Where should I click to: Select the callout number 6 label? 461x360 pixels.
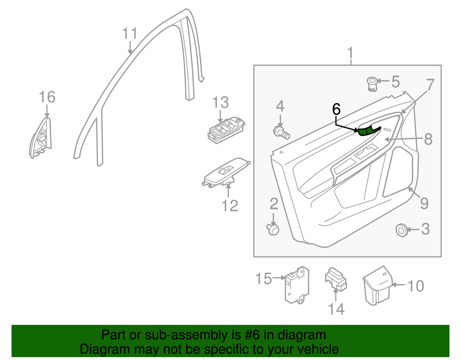tap(336, 110)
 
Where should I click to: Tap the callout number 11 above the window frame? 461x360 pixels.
tap(130, 34)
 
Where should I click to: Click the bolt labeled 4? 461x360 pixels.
tap(281, 131)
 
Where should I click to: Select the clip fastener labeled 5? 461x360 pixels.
tap(372, 84)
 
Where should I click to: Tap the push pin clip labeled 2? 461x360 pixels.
tap(273, 230)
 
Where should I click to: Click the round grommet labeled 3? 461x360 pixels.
tap(400, 230)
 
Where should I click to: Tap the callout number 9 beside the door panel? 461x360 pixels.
tap(424, 203)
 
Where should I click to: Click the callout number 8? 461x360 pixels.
tap(428, 139)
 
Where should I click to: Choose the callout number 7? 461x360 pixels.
tap(430, 85)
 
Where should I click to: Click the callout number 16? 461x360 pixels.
tap(47, 97)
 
